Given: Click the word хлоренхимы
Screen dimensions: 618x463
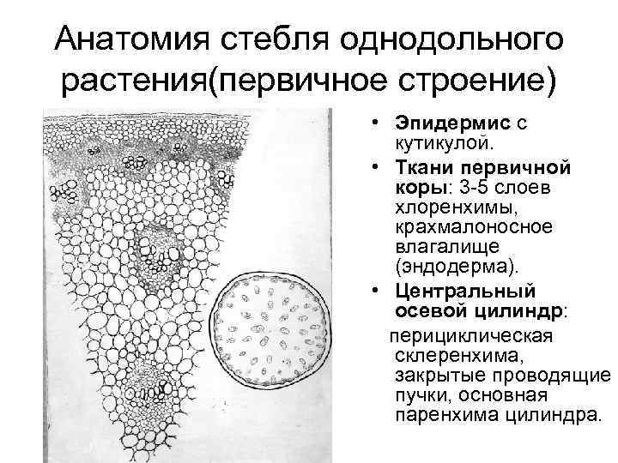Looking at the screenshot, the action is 449,207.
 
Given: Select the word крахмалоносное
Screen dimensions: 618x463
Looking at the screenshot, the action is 464,227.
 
